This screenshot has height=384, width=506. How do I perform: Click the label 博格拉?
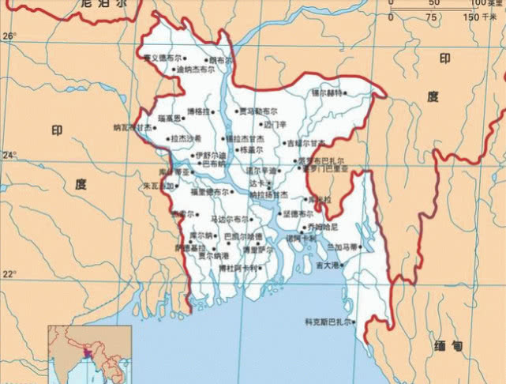pos(197,112)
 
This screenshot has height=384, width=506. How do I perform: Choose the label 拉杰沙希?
pos(186,138)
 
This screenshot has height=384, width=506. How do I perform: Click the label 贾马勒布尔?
pos(258,111)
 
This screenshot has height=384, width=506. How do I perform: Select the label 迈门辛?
pos(275,124)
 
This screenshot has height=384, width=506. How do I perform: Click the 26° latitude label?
pos(9,36)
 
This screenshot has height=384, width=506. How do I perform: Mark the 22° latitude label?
pos(9,274)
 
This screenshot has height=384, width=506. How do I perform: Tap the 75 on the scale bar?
pos(432,17)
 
